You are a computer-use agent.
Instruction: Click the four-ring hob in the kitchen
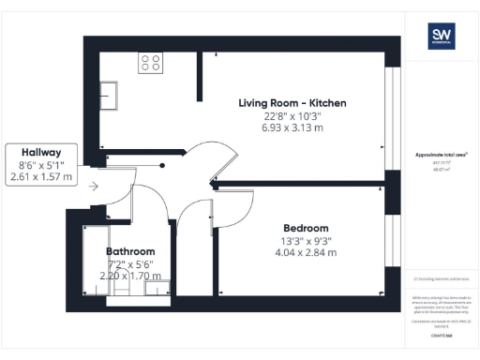click(150, 63)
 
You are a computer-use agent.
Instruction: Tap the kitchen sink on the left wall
click(111, 96)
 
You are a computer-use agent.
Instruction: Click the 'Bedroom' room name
click(307, 228)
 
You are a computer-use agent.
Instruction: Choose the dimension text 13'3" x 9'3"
click(307, 240)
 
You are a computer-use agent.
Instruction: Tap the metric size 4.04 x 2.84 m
click(307, 252)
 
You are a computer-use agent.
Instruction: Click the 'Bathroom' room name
click(129, 252)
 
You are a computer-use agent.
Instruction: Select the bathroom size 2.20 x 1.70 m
click(130, 276)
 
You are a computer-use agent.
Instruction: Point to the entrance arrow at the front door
click(93, 186)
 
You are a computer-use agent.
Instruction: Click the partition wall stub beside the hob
click(199, 75)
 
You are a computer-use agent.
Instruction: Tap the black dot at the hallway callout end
click(162, 166)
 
